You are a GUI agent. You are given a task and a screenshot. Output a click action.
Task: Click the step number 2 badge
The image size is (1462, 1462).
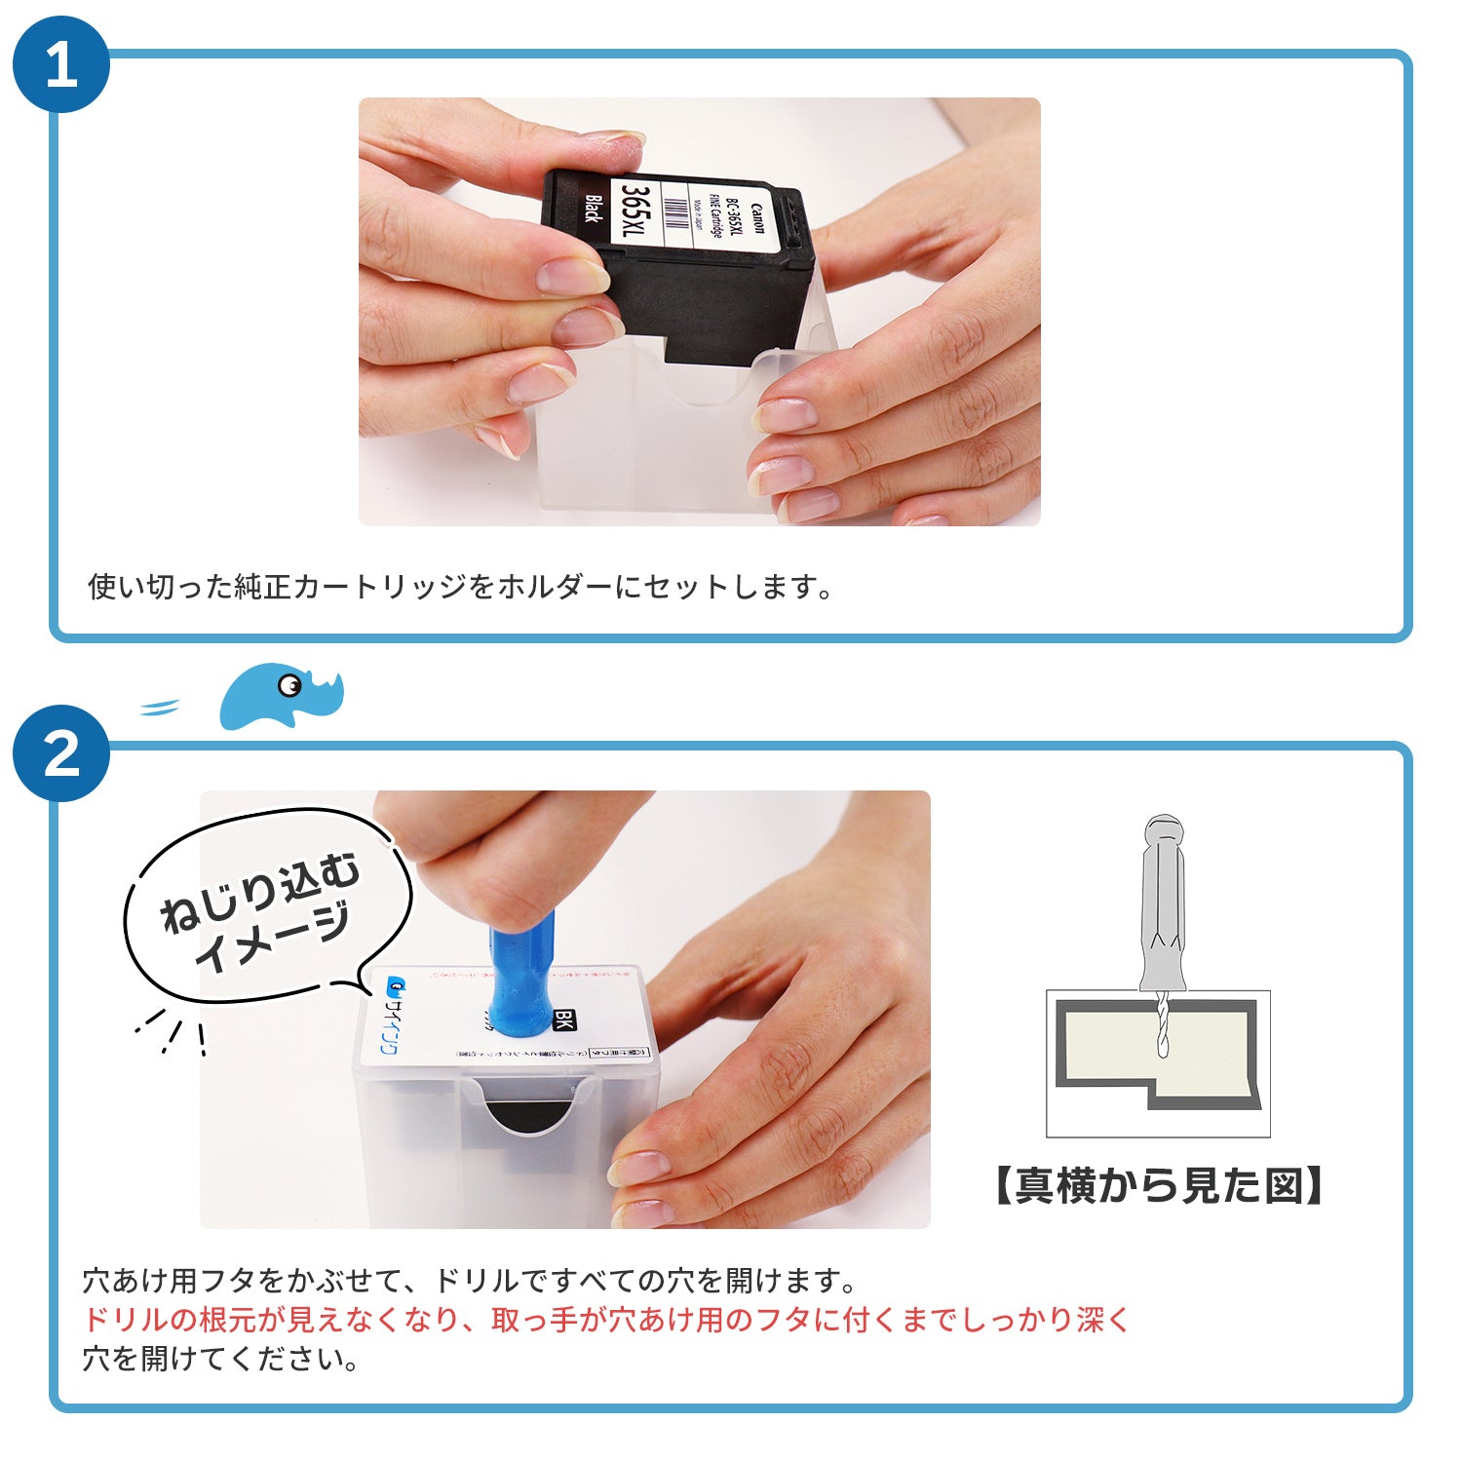tap(60, 753)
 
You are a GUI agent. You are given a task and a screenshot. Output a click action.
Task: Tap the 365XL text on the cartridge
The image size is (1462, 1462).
tap(635, 214)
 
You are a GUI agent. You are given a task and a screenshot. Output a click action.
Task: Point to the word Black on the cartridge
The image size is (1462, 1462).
tap(592, 209)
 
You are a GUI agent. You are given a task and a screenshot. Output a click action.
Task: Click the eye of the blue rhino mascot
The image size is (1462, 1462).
tap(289, 686)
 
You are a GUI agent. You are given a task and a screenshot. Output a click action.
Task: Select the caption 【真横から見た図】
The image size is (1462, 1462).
tap(1158, 1186)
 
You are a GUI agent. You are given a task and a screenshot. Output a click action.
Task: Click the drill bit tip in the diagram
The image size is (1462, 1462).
tap(1162, 1053)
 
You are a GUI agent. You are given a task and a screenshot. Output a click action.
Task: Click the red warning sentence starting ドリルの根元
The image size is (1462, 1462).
tap(604, 1320)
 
